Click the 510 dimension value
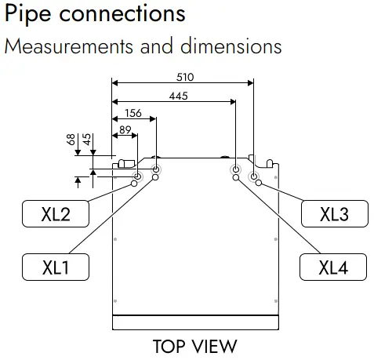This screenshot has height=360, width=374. (x=185, y=77)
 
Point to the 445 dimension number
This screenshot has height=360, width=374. (x=178, y=96)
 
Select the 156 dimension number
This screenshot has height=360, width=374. (x=133, y=113)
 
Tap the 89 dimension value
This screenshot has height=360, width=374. (x=125, y=129)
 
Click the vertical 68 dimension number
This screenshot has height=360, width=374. (x=71, y=139)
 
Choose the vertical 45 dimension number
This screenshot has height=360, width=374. (x=87, y=139)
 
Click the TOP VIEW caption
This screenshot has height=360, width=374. (x=194, y=346)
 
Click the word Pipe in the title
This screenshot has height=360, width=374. (x=27, y=14)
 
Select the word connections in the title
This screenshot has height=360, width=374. (x=122, y=13)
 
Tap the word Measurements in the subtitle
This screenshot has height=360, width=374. (x=69, y=46)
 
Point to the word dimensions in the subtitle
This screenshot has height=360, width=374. (x=231, y=45)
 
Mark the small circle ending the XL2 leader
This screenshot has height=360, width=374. (x=134, y=184)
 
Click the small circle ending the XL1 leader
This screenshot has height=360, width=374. (x=155, y=177)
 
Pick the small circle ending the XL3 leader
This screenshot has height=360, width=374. (x=259, y=183)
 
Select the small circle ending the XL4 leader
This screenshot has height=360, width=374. (x=236, y=178)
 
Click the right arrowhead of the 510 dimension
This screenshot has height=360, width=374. (x=250, y=83)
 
